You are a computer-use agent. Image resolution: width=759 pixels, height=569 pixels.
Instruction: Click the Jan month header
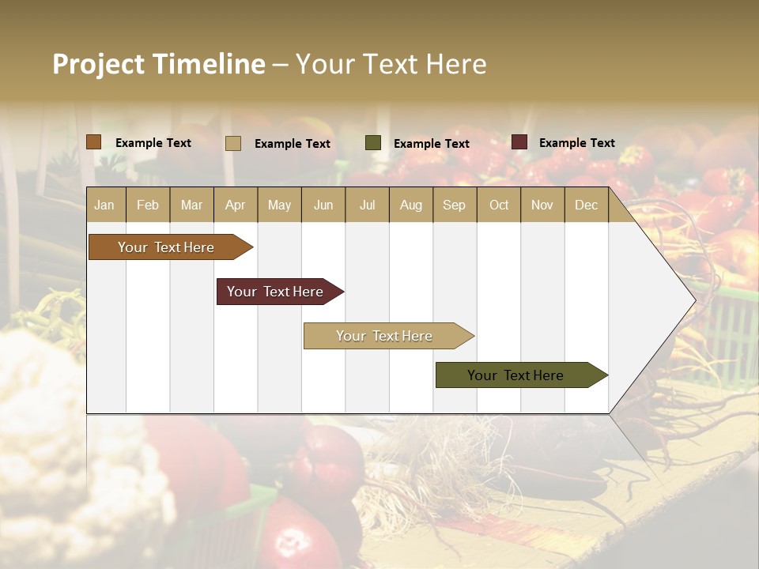105,205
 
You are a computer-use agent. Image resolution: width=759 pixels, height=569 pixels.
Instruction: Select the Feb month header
148,205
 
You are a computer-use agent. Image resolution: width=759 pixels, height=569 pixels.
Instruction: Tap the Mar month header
191,205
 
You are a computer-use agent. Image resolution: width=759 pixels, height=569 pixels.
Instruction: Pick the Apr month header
236,205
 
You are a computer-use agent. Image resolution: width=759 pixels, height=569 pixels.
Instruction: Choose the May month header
279,205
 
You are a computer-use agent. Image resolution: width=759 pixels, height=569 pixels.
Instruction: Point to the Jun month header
323,205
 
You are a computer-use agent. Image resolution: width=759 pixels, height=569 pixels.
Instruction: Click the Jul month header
367,205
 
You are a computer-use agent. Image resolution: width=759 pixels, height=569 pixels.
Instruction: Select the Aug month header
411,205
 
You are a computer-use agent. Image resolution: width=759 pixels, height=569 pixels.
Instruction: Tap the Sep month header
455,205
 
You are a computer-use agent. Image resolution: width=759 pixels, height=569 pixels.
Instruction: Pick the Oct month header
499,205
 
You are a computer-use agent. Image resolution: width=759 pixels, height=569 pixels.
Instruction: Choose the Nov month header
542,205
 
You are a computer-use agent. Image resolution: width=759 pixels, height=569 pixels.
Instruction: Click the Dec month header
587,205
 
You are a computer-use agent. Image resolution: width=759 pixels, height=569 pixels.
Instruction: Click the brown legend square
94,142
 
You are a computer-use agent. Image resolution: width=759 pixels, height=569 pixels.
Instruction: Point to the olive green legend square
373,143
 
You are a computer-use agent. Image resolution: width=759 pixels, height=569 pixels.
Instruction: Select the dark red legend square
519,142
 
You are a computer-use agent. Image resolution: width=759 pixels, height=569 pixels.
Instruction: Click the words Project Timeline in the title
158,64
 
